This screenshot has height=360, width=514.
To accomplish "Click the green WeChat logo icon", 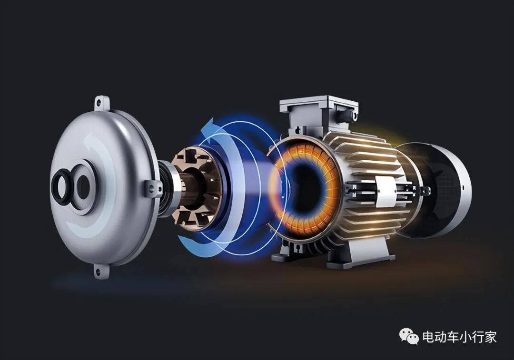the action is [x=409, y=337].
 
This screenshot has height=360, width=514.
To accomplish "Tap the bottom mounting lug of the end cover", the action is [x=102, y=271].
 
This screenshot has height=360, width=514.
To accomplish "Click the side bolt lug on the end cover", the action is [x=152, y=189].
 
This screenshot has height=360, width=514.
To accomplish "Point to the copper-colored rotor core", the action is [x=197, y=189].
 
